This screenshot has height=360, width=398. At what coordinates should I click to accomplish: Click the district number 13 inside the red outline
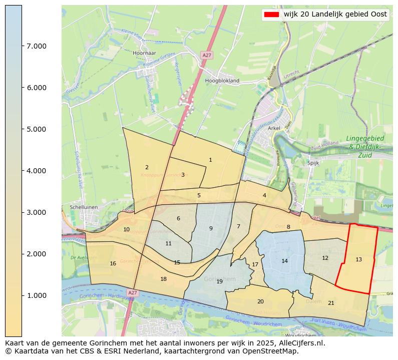[x=358, y=259]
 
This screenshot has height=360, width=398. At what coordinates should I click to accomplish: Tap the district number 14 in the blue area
[x=284, y=261]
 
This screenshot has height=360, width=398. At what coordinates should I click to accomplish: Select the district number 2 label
[x=147, y=167]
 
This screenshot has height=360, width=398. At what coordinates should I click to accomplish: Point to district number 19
[x=219, y=281]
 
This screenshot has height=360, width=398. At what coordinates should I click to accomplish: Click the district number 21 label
[x=331, y=303]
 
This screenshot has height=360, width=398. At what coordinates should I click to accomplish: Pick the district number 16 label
[x=113, y=263]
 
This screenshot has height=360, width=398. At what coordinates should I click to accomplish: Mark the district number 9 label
[x=211, y=228]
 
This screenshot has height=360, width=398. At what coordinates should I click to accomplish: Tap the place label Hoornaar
[x=146, y=53]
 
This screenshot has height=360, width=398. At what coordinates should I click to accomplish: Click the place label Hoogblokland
[x=222, y=80]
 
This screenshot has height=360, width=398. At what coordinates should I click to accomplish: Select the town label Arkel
[x=274, y=128]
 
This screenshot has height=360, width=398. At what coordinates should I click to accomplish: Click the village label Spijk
[x=313, y=163]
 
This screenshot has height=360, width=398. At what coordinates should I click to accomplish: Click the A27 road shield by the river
[x=132, y=292]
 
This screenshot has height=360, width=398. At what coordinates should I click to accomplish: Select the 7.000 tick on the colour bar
[x=37, y=46]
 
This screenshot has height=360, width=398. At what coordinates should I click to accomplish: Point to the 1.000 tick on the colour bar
[x=37, y=295]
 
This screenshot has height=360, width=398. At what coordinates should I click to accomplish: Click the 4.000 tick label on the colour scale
[x=37, y=171]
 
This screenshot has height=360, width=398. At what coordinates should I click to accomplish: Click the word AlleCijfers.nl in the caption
[x=302, y=343]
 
